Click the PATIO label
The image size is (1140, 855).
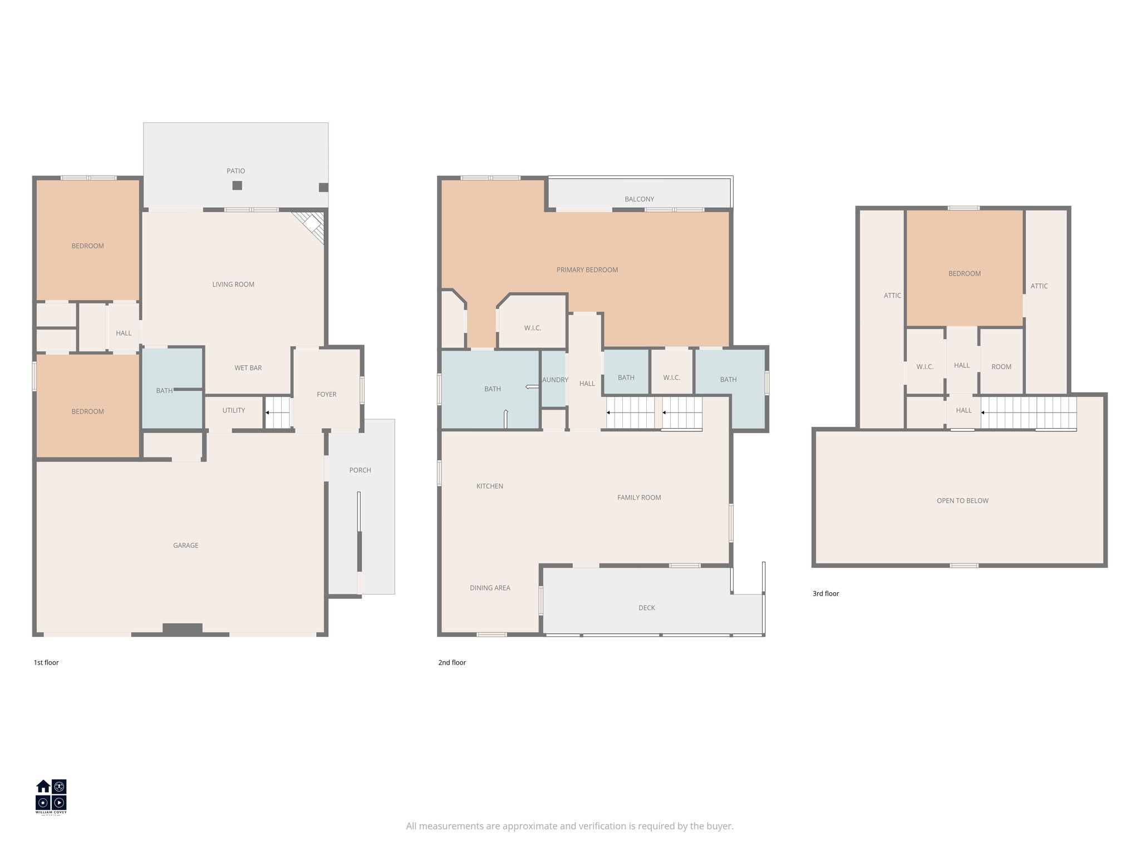[235, 171]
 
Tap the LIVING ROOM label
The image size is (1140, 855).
[233, 284]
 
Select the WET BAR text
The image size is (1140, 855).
[248, 368]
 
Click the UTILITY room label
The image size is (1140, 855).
[234, 410]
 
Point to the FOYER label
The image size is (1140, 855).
[327, 394]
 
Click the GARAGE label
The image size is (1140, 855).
[185, 546]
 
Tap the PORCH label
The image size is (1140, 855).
[360, 470]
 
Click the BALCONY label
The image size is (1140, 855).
[639, 199]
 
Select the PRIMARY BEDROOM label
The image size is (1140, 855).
[587, 270]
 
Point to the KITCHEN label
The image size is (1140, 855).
[490, 487]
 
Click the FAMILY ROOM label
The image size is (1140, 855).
[639, 498]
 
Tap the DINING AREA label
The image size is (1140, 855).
[490, 588]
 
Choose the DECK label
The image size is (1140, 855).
[647, 608]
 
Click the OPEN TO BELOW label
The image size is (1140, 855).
[962, 501]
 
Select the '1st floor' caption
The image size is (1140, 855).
[46, 662]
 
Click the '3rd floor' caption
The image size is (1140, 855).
[825, 593]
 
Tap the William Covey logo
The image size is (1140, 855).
[51, 796]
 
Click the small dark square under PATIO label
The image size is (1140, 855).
[237, 185]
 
